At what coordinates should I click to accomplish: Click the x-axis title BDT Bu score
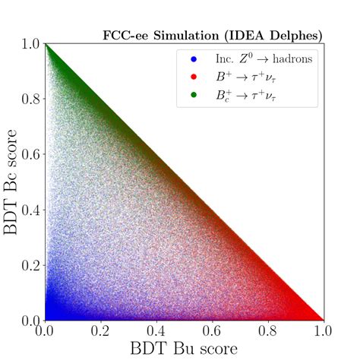click(x=185, y=349)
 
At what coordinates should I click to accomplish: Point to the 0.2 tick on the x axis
click(x=101, y=331)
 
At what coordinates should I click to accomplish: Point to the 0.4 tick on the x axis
click(x=156, y=331)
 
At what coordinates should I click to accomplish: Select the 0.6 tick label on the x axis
click(x=213, y=331)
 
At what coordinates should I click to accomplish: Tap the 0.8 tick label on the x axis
click(x=268, y=331)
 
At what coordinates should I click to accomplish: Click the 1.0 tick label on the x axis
click(x=324, y=331)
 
